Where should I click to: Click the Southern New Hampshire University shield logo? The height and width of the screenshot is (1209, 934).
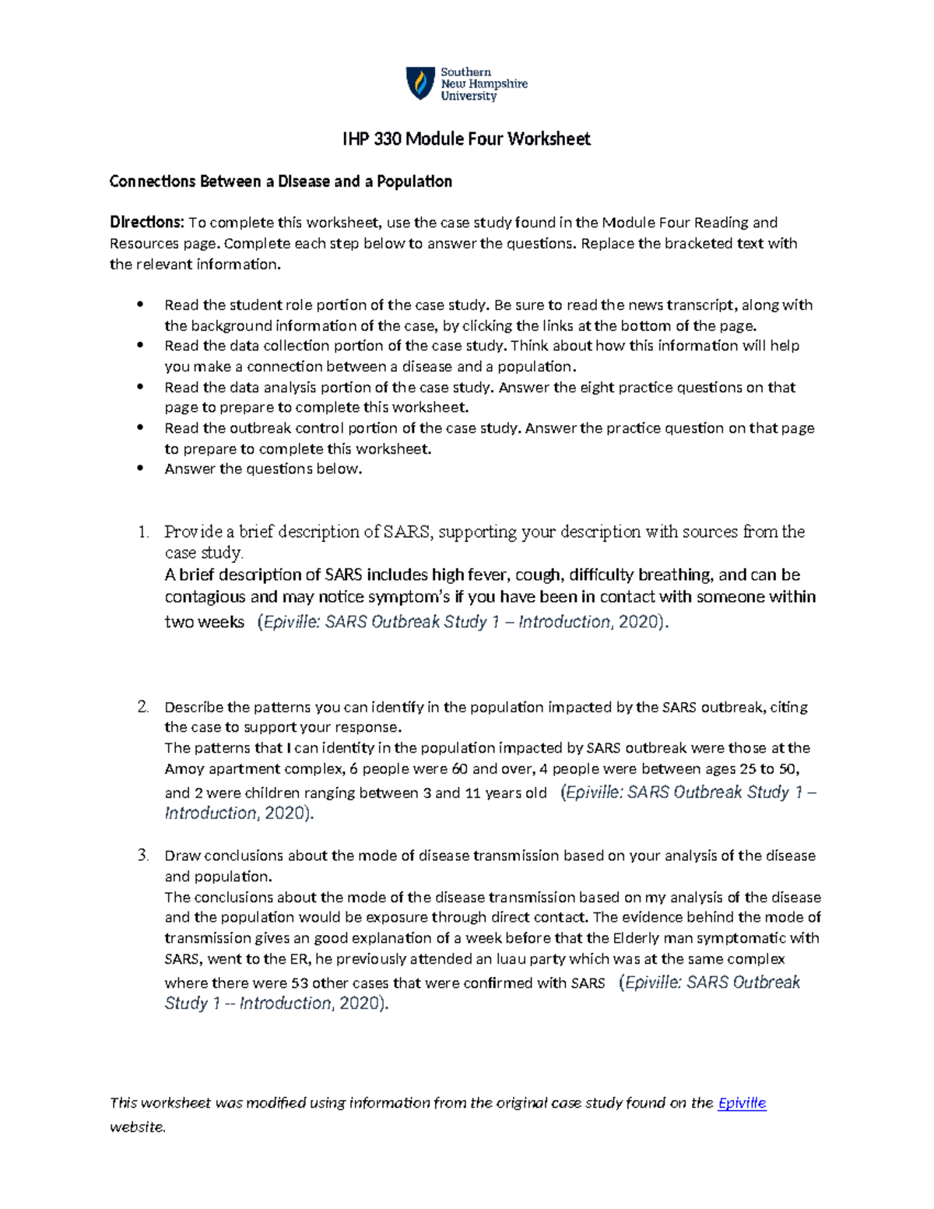tap(420, 83)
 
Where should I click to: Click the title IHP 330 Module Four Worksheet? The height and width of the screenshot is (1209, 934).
tap(466, 139)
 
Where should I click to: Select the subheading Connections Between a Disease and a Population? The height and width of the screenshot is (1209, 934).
tap(280, 181)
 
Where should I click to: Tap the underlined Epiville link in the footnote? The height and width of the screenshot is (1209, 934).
tap(742, 1103)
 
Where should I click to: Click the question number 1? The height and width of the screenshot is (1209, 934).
tap(142, 532)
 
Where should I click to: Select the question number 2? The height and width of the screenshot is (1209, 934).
tap(142, 707)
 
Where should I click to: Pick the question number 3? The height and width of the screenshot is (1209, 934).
tap(142, 856)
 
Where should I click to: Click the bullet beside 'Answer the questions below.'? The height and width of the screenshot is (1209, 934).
tap(140, 469)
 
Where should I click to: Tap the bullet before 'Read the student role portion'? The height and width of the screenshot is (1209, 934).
tap(140, 304)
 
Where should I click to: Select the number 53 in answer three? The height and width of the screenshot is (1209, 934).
tap(300, 983)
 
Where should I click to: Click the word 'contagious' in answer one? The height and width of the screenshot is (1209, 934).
tap(205, 597)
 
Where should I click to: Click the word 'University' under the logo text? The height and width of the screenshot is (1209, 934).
tap(469, 97)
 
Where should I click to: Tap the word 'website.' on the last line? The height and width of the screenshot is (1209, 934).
tap(138, 1126)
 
